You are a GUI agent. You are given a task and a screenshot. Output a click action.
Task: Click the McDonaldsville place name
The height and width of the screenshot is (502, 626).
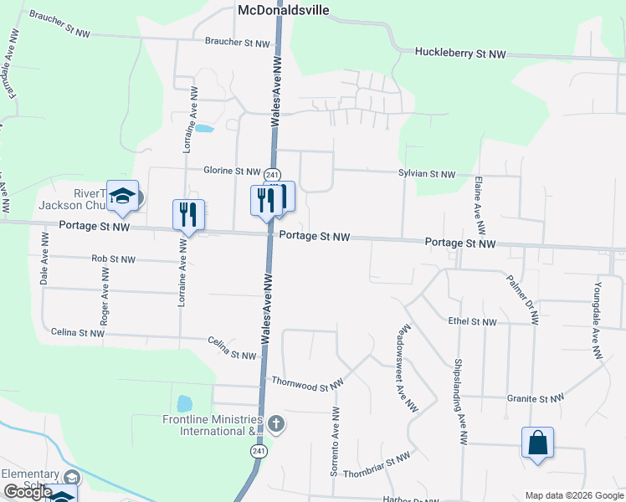pyautogui.click(x=284, y=10)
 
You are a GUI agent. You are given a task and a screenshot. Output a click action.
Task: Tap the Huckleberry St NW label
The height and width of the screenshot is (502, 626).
pyautogui.click(x=460, y=54)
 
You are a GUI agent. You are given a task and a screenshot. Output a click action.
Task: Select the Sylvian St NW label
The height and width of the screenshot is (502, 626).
pyautogui.click(x=427, y=174)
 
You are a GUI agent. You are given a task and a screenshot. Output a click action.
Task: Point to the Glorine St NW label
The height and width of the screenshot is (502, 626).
pyautogui.click(x=232, y=172)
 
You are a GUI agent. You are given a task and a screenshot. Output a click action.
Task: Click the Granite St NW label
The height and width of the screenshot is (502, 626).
pyautogui.click(x=531, y=399)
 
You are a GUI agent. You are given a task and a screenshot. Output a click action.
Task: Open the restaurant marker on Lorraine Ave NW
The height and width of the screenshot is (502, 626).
pyautogui.click(x=188, y=215)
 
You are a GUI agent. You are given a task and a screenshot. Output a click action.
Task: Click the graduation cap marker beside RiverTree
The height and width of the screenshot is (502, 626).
pyautogui.click(x=123, y=197)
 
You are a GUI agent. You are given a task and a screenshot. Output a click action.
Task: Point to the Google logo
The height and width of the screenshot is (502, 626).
pyautogui.click(x=28, y=492)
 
